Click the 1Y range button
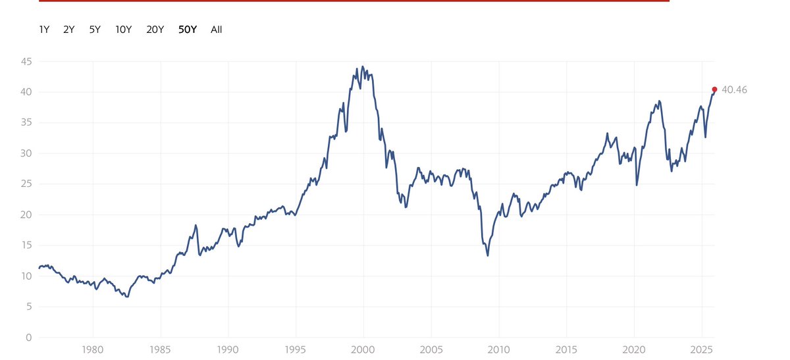(x=44, y=30)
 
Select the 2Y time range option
(x=69, y=30)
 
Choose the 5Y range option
(x=95, y=30)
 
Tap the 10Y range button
(x=123, y=30)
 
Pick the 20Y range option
(x=155, y=30)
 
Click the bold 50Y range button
(x=188, y=30)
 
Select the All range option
(x=217, y=30)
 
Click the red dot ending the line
(x=714, y=90)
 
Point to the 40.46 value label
(x=734, y=90)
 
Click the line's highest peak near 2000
(x=363, y=66)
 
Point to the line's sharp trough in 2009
(x=488, y=255)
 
